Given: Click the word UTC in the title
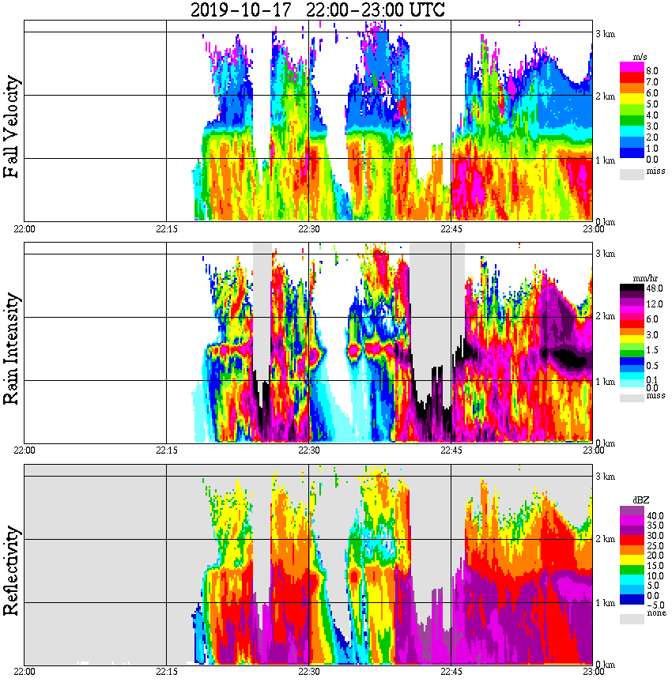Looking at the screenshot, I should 425,10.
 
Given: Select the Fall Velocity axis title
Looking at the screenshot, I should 12,127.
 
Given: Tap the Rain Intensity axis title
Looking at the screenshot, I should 12,349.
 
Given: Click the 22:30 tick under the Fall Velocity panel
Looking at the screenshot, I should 308,229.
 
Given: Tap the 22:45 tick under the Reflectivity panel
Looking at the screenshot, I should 451,672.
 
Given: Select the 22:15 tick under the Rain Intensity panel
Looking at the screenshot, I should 166,450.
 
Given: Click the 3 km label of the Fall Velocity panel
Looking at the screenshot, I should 605,33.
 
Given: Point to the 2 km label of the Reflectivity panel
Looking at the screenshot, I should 605,540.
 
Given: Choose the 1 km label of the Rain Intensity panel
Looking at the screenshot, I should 605,382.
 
